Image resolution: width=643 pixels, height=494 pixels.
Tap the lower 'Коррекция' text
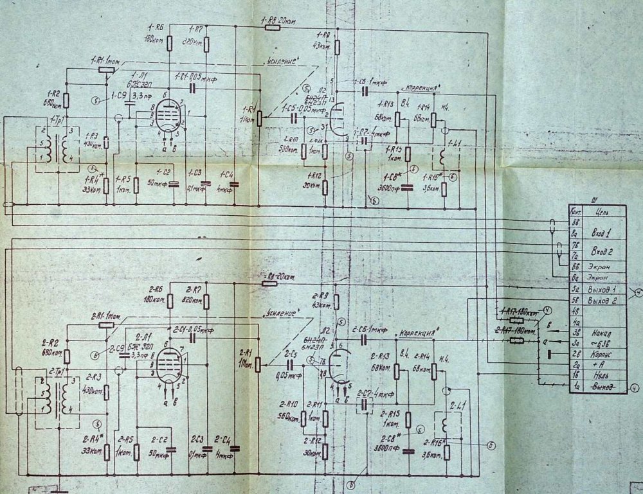420,335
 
